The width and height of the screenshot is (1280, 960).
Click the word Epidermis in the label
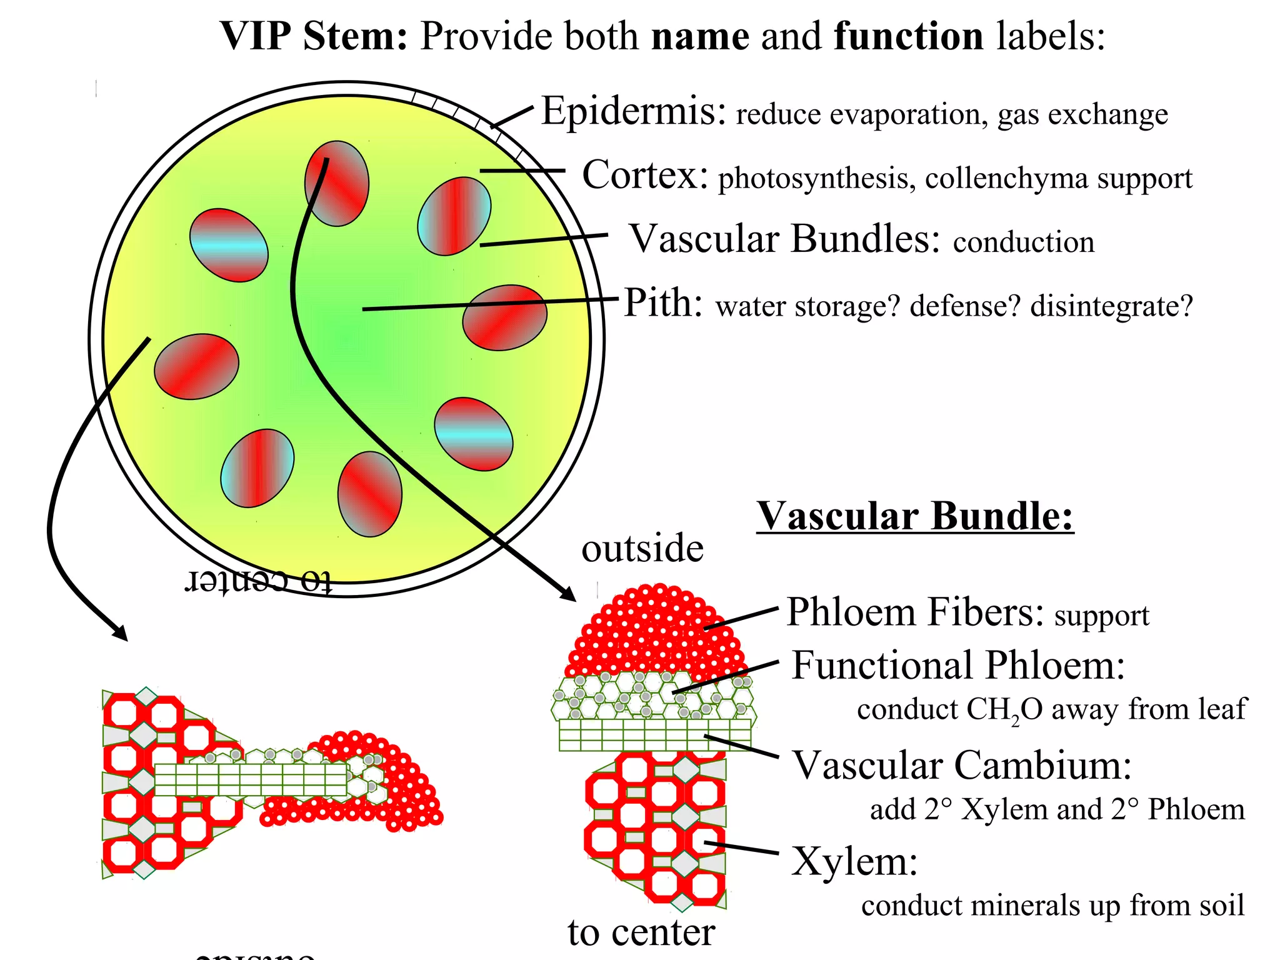tap(632, 112)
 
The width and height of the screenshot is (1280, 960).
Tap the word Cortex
tap(644, 175)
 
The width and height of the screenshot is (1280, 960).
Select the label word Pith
tap(662, 304)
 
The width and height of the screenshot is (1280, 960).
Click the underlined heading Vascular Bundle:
tap(914, 517)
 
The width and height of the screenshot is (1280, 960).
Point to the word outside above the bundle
tap(642, 549)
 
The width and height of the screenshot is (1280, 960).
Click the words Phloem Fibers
tap(914, 612)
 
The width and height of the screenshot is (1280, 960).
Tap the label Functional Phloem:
tap(958, 665)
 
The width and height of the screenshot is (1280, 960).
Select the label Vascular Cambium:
tap(962, 765)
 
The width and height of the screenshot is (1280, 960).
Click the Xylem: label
tap(854, 862)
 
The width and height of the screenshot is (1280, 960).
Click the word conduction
tap(1024, 242)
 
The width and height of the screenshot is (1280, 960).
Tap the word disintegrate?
tap(1111, 306)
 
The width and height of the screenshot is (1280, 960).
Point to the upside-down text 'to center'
tap(258, 581)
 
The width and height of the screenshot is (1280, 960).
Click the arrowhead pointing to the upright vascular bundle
tap(567, 593)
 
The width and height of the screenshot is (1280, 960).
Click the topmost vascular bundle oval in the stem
tap(337, 183)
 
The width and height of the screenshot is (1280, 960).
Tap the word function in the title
tap(909, 36)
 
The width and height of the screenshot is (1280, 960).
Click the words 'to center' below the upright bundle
tap(641, 933)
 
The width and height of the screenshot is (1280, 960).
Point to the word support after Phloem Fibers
tap(1101, 616)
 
